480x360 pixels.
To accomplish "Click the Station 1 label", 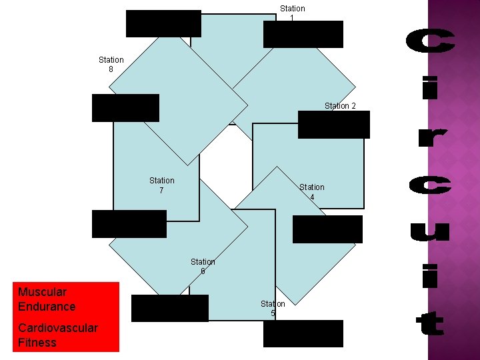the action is tap(292, 13).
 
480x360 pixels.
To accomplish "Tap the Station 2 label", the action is tap(340, 106).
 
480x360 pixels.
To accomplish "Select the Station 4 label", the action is tap(311, 192).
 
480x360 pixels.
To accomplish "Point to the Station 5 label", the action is tap(273, 308).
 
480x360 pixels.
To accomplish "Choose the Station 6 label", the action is tap(203, 267).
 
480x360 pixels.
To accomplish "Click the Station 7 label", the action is tap(161, 185).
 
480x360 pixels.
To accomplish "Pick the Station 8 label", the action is tap(111, 64).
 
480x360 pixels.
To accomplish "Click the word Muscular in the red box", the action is tap(42, 292).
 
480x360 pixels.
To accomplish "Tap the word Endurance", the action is tap(47, 307).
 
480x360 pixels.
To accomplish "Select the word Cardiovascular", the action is tap(58, 328).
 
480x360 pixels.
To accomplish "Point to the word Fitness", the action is tap(37, 343).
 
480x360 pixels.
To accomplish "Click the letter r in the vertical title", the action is tap(429, 138).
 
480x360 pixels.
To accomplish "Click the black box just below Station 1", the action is tap(303, 34).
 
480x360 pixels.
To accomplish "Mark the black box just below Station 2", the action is tap(333, 125).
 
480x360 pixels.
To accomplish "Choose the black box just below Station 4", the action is tap(327, 229).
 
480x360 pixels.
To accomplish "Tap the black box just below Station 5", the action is tap(303, 333).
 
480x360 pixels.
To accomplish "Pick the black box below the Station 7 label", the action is tap(129, 224).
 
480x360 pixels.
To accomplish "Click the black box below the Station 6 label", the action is tap(169, 308).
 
